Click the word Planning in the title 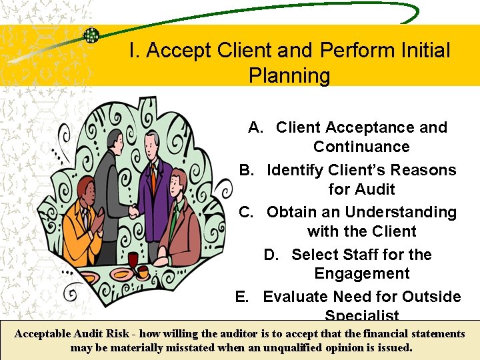(289, 75)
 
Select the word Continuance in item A (361, 147)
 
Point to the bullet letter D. (271, 255)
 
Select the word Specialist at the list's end (362, 315)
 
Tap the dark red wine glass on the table (133, 260)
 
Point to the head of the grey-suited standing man (109, 136)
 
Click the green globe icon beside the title (90, 35)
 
